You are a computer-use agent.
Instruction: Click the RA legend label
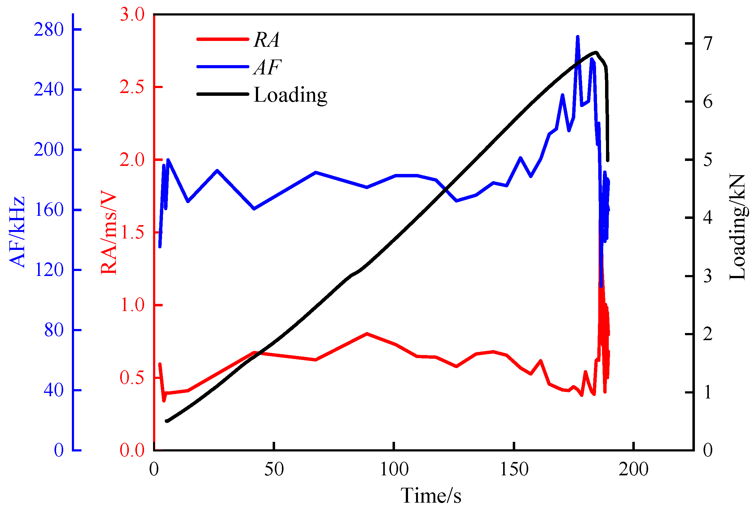[x=266, y=40]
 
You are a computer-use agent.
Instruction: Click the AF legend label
[x=267, y=67]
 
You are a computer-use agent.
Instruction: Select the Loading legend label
[x=290, y=95]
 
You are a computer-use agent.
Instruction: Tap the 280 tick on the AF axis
[x=49, y=29]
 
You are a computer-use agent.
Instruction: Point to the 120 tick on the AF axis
[x=49, y=270]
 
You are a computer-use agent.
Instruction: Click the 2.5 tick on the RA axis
[x=132, y=87]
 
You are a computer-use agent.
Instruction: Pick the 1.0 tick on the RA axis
[x=132, y=305]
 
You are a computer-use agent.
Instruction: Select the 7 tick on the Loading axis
[x=708, y=43]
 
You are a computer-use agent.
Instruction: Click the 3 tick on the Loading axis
[x=708, y=276]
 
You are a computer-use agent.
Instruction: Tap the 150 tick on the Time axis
[x=514, y=469]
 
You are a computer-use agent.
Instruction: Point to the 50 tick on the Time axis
[x=274, y=469]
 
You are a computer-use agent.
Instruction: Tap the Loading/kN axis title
[x=737, y=227]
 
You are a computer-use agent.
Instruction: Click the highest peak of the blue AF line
[x=577, y=37]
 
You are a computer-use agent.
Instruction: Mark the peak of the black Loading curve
[x=596, y=52]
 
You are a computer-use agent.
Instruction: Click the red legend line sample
[x=222, y=39]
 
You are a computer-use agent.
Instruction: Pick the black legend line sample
[x=222, y=94]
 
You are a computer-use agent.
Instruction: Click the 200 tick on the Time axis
[x=634, y=469]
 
